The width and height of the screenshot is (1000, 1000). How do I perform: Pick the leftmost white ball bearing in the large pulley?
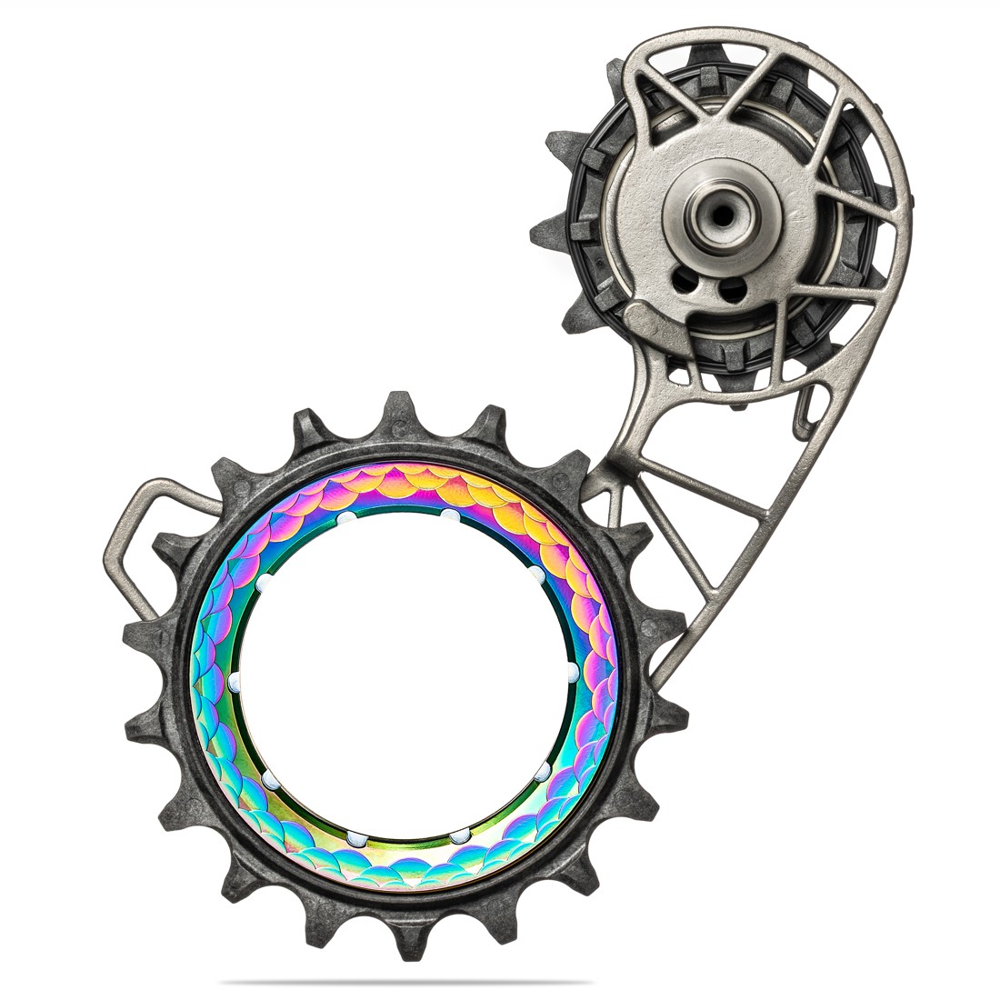[x=234, y=680]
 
